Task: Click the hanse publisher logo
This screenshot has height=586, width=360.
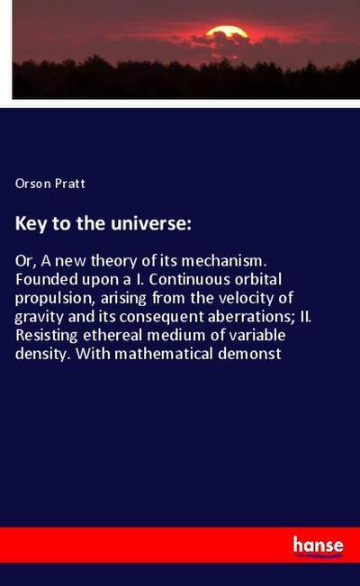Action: click(x=318, y=545)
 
